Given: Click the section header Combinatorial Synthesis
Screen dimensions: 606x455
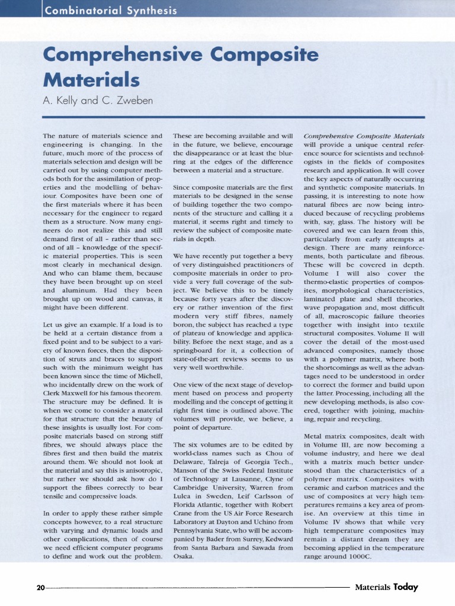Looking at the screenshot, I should tap(111, 10).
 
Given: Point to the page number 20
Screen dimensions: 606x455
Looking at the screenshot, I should tap(40, 588).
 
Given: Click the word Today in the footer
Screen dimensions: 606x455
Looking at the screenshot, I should tap(406, 587).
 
